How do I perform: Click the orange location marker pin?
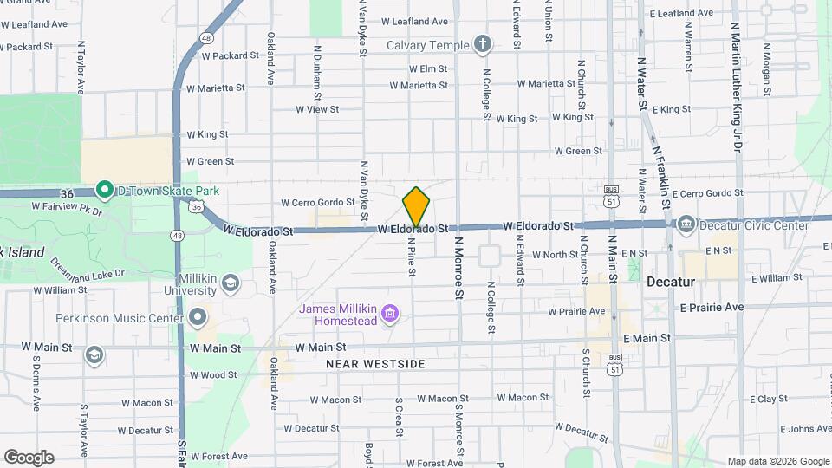coord(416,207)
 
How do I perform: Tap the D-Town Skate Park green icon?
coord(105,189)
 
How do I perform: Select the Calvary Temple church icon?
coord(483,45)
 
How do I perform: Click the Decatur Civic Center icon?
coord(686,224)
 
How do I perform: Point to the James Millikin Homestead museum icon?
coord(390,312)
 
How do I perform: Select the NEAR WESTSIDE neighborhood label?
coord(375,364)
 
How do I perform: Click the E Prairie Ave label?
coord(712,307)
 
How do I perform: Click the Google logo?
coord(29,457)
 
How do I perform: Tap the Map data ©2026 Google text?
coord(777,461)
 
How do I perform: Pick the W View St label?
coord(316,110)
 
